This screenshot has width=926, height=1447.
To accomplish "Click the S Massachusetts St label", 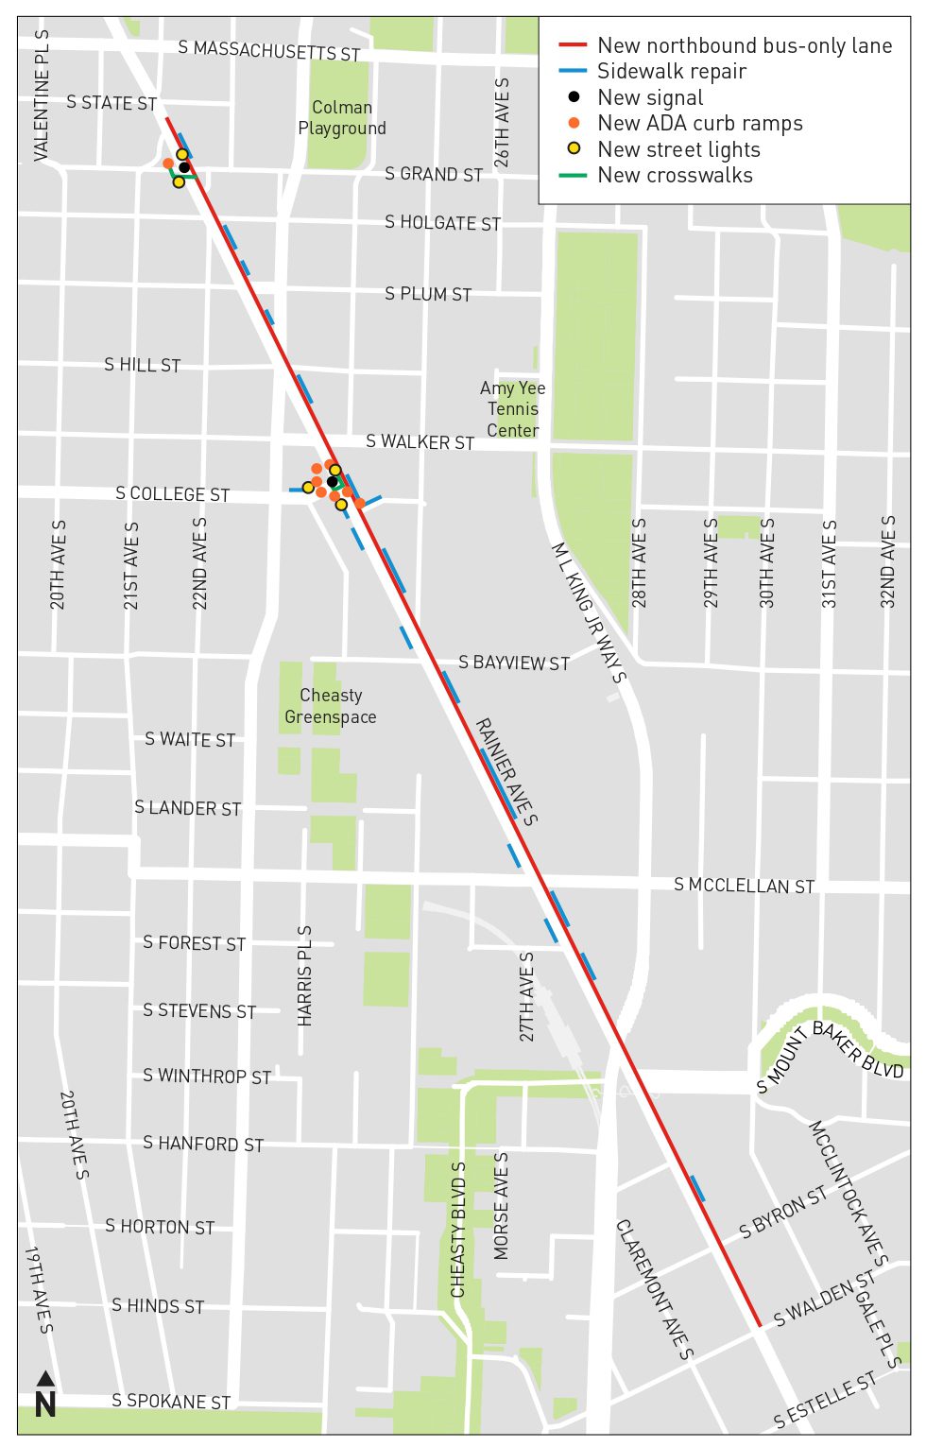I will (269, 50).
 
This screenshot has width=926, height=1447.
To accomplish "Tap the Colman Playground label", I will (342, 118).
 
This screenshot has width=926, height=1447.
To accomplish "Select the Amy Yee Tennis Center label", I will (512, 409).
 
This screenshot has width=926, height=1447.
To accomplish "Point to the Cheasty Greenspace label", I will (331, 706).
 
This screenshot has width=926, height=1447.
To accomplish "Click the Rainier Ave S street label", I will (506, 771).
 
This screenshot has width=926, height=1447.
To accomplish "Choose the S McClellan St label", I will (744, 886).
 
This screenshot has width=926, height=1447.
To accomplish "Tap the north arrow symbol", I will (45, 1395).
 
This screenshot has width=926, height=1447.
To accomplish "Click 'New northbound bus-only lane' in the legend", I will (745, 45).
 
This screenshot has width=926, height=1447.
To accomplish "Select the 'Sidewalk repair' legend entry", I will (685, 72).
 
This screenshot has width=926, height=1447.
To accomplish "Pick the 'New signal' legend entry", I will (650, 97).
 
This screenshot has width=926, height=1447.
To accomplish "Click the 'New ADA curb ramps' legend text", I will (700, 123).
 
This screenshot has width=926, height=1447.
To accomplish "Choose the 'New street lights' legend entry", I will (678, 149).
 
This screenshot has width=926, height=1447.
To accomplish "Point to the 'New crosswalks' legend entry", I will (675, 175).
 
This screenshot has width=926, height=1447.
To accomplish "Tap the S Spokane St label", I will (171, 1401).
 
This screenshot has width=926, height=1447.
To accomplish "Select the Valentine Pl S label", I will (42, 95).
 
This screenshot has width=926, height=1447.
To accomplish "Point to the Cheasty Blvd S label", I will (458, 1230).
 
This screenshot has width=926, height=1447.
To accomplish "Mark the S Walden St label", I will (824, 1300).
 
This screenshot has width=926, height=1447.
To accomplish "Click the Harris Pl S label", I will (304, 975).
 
